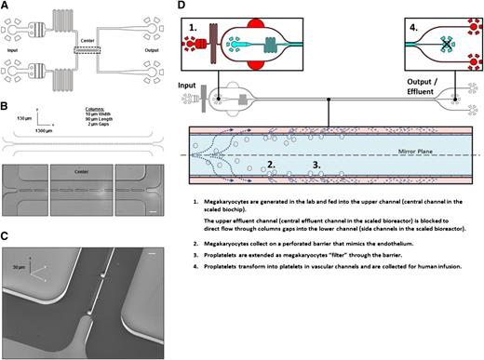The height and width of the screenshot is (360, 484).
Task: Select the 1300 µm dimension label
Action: click(x=31, y=134)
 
